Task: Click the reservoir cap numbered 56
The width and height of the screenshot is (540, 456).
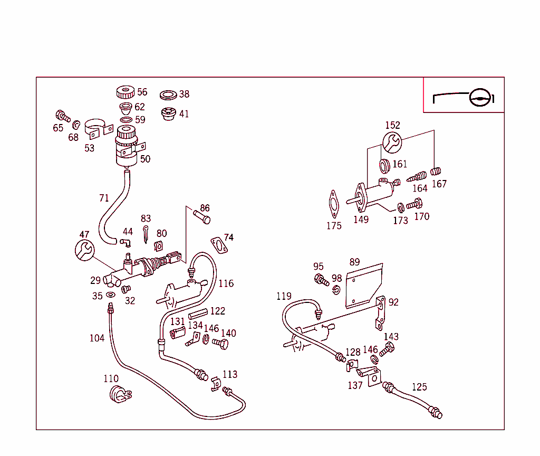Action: (x=125, y=92)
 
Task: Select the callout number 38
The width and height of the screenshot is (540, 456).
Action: (x=184, y=94)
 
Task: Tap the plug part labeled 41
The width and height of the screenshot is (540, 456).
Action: (x=168, y=114)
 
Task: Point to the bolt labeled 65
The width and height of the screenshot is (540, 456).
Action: (x=62, y=116)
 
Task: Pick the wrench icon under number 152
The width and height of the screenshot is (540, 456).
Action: (x=392, y=141)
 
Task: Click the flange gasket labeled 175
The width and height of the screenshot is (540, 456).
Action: (x=333, y=204)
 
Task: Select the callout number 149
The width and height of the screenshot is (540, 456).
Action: (x=361, y=220)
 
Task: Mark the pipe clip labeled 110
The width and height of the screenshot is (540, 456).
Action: (x=119, y=394)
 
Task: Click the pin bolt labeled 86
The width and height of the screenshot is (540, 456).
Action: (x=201, y=216)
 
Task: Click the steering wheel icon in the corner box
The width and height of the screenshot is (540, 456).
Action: (x=480, y=97)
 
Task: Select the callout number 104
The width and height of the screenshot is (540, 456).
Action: (x=97, y=338)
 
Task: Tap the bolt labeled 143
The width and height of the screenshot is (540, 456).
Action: (x=387, y=349)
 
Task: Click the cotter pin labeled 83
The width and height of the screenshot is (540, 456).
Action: (x=146, y=234)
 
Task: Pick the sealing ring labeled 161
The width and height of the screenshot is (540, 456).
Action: (x=384, y=166)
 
